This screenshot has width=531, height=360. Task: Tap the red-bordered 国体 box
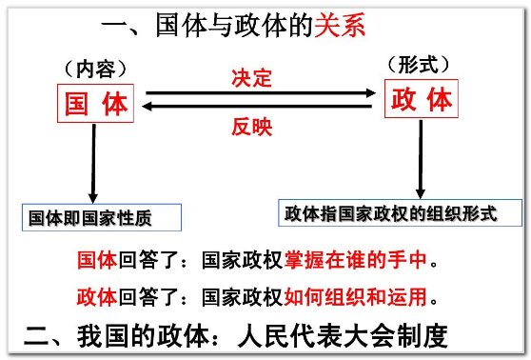[96, 105]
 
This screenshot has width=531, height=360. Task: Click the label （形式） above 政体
[420, 66]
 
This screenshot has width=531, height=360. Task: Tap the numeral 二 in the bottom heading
[35, 335]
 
